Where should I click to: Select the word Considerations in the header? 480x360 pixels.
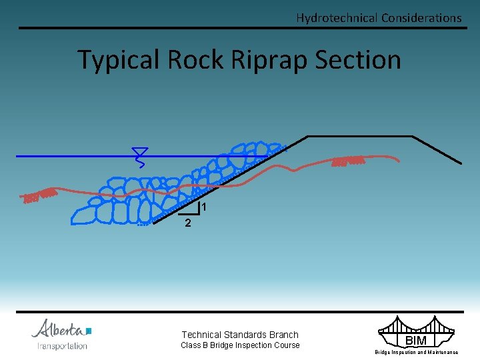[421, 18]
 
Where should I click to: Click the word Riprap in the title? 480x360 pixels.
[267, 60]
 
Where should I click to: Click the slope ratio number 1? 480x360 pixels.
[204, 208]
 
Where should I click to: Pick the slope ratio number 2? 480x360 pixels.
[188, 224]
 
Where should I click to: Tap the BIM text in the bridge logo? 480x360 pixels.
[416, 341]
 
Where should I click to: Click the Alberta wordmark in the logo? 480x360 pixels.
[59, 329]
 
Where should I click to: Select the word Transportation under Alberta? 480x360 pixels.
[63, 346]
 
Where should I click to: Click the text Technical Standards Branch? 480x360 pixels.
[240, 335]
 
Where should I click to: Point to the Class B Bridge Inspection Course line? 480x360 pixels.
[240, 345]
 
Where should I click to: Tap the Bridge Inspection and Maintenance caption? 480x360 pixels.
[416, 352]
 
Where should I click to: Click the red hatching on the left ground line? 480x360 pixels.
[39, 196]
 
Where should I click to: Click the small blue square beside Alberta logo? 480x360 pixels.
[89, 330]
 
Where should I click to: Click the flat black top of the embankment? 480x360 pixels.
[360, 136]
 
